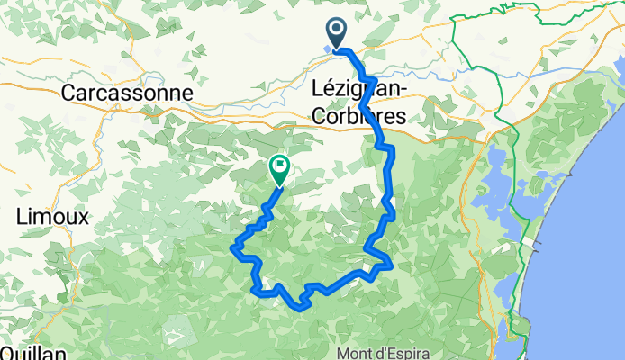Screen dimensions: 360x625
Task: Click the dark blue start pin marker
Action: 338,33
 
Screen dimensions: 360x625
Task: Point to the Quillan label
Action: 33,354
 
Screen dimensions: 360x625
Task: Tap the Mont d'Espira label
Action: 383,352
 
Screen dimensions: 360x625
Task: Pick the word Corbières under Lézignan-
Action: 357,115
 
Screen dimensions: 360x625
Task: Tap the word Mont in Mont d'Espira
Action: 354,352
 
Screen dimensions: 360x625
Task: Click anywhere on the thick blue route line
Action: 389,180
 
